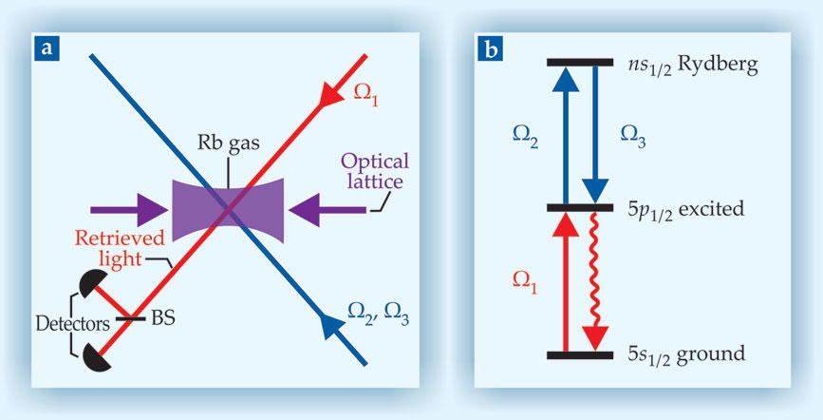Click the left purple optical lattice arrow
click(x=117, y=206)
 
